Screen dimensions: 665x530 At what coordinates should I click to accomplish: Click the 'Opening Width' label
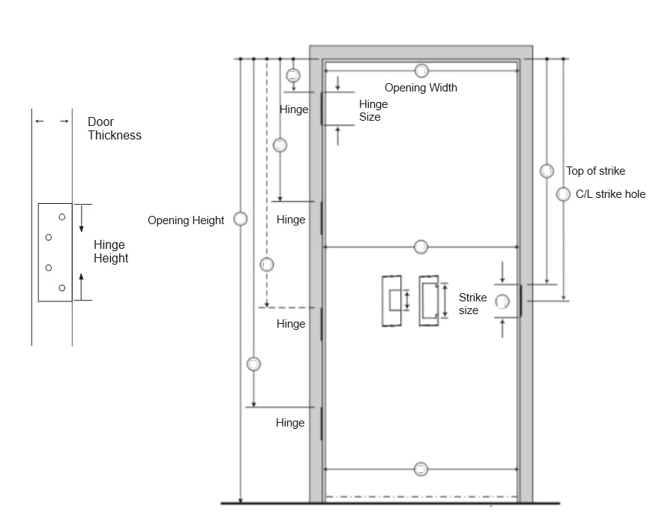tap(421, 88)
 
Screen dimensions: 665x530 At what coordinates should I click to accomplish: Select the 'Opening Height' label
tap(186, 220)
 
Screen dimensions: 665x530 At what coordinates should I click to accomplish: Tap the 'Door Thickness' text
tap(115, 128)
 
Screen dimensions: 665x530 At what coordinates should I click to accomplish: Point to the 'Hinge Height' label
tap(111, 251)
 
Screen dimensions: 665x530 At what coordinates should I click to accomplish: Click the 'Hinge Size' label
tap(373, 110)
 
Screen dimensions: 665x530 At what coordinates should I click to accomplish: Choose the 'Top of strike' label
tap(595, 171)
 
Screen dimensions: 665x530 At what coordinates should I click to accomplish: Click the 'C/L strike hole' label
tap(610, 194)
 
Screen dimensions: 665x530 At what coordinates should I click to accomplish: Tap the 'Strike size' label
tap(472, 304)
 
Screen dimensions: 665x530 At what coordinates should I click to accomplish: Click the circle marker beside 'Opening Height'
tap(241, 219)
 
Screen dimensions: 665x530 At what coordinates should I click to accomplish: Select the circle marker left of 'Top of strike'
tap(547, 171)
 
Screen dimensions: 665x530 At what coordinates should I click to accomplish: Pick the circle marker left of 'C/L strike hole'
tap(563, 194)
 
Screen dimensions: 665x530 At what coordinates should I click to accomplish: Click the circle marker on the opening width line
tap(421, 70)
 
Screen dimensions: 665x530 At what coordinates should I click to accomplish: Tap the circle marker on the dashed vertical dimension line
tap(267, 265)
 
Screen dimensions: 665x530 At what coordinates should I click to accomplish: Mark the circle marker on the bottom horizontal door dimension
tap(421, 469)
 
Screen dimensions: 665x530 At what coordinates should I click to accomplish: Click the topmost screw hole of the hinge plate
tap(62, 217)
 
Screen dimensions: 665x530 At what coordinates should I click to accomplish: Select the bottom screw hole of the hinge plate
tap(62, 288)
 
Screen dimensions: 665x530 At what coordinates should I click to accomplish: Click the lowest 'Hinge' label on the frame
tap(290, 423)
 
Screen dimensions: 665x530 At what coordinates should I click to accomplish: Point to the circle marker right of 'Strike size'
tap(502, 301)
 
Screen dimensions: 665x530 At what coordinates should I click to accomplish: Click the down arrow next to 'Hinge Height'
tap(82, 218)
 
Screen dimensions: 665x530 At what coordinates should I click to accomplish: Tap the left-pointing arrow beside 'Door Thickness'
tap(40, 121)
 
